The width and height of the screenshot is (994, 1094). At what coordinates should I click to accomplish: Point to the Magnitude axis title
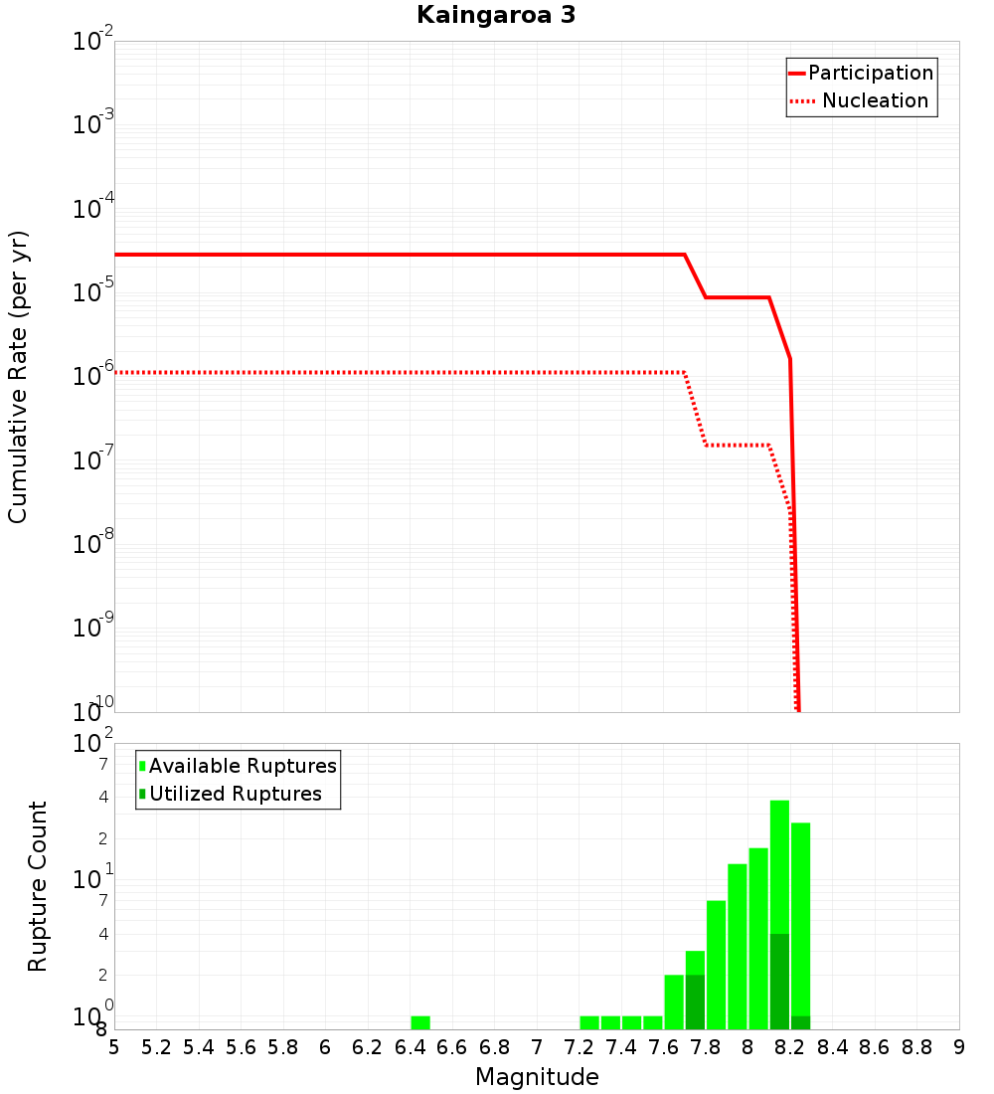point(537,1077)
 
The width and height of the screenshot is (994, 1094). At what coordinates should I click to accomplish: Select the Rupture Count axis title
point(38,886)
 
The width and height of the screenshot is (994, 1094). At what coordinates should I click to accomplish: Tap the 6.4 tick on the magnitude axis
point(410,1047)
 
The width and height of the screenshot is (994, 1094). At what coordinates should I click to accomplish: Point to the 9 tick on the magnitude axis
point(959,1047)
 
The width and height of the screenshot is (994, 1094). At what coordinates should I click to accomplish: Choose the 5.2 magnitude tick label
point(156,1047)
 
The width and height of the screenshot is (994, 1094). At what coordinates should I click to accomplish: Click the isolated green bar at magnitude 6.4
point(420,1022)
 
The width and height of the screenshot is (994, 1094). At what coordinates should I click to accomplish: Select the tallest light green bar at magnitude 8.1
point(779,865)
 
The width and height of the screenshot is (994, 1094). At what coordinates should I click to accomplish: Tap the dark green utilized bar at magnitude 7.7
point(695,1002)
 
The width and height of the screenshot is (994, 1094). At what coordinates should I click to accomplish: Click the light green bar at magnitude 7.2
point(589,1022)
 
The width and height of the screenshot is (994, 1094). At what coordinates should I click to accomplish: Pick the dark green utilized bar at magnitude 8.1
point(779,981)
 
